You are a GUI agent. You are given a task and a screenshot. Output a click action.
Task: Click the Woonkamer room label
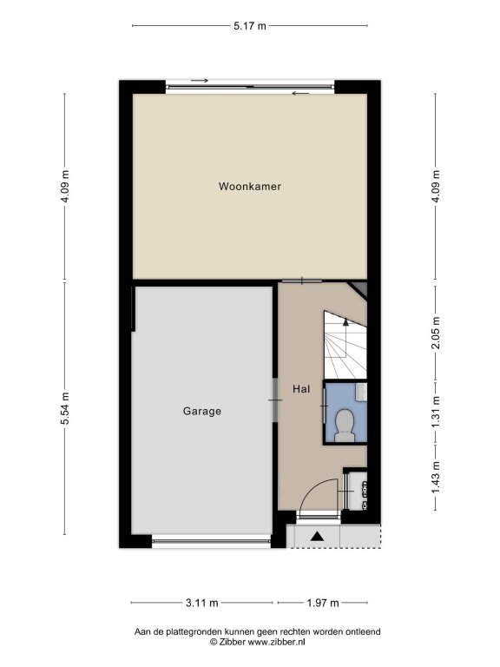[x=250, y=187]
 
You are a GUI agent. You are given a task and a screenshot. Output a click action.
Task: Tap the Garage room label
[x=202, y=412]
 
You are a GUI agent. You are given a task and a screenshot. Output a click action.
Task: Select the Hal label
[x=301, y=389]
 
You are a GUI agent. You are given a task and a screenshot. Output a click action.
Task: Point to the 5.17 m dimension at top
[x=250, y=26]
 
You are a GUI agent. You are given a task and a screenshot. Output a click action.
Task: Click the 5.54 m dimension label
[x=65, y=408]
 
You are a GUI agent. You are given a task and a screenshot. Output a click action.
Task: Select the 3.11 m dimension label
[x=202, y=603]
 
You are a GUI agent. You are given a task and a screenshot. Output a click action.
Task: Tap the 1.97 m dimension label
[x=323, y=603]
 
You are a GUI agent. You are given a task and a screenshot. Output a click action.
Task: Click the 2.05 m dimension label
[x=436, y=333]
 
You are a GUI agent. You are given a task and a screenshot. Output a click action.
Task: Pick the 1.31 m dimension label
[x=436, y=413]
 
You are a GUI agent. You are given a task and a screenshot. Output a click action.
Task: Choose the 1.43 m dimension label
[x=436, y=479]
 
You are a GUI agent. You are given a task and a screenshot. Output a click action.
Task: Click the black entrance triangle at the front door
[x=316, y=536]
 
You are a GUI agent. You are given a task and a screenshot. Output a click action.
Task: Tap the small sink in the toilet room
[x=362, y=392]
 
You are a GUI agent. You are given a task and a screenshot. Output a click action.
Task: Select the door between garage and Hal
[x=275, y=400]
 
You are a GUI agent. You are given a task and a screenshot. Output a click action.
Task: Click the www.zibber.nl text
[x=276, y=643]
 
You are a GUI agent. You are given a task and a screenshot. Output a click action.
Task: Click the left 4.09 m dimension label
[x=65, y=187]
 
